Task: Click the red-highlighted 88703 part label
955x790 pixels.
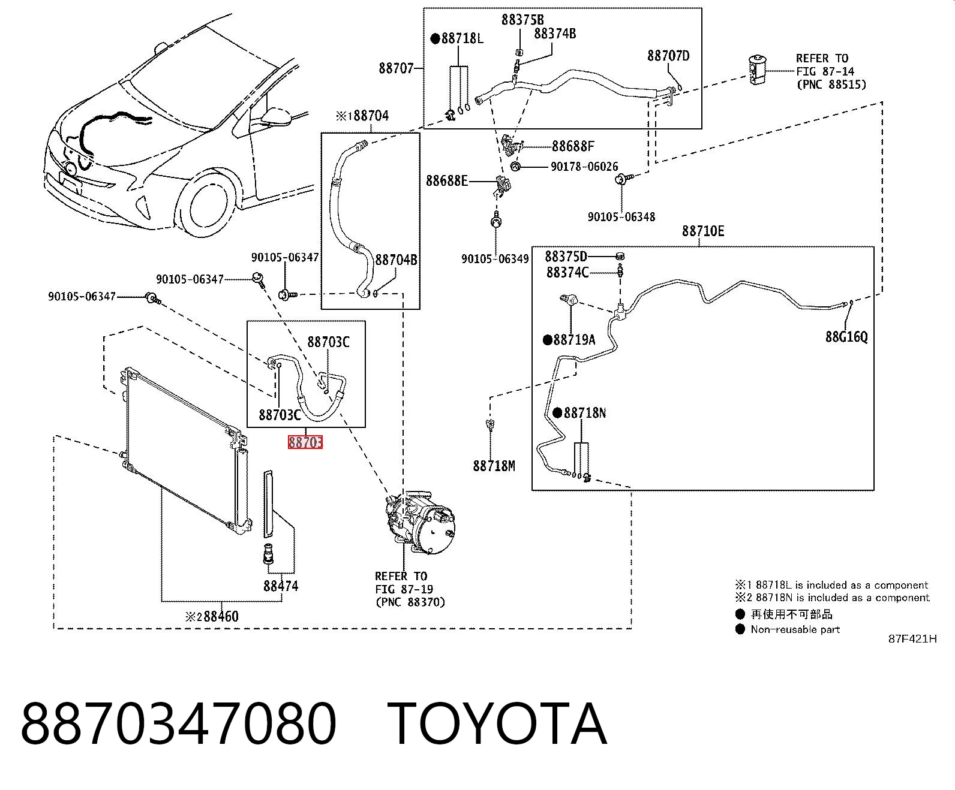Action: (305, 442)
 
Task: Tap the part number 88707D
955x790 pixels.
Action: (668, 56)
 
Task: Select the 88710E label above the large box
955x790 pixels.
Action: (703, 231)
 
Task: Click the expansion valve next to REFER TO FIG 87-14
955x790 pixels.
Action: (758, 70)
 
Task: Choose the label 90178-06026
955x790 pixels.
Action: (584, 167)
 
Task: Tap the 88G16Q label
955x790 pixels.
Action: (846, 337)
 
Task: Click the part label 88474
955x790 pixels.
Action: (281, 586)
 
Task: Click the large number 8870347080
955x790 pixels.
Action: (179, 724)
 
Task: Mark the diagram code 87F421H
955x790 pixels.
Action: (912, 639)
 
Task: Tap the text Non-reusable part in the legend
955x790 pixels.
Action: (795, 629)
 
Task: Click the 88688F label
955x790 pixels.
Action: (573, 146)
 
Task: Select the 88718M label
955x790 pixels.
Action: (494, 466)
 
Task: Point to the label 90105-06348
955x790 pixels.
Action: (621, 217)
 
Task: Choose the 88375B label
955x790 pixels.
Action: (522, 20)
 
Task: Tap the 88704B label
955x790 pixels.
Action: (396, 260)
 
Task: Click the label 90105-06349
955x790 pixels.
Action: (495, 259)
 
